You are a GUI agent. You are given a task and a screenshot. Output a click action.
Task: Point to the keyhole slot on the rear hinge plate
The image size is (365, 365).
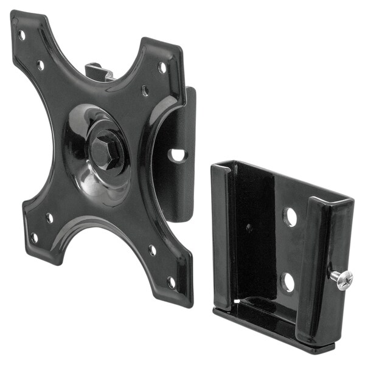click(x=177, y=155)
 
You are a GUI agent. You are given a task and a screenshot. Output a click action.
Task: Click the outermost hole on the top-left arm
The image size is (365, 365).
click(x=22, y=35)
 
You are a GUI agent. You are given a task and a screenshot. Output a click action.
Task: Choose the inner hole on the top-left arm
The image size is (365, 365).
click(x=40, y=64)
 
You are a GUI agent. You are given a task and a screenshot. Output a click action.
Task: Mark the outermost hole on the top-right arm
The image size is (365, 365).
click(x=162, y=68)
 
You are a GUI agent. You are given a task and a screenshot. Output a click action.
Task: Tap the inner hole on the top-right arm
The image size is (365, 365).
click(x=145, y=91)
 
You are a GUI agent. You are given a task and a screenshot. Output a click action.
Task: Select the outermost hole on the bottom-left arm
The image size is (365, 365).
click(x=34, y=237)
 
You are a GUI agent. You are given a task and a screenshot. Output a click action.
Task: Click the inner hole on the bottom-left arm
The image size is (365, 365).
click(x=49, y=217)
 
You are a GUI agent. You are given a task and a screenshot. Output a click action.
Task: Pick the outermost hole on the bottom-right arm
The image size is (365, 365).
click(x=172, y=282)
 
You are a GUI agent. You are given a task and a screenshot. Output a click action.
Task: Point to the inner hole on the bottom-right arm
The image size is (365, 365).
click(x=152, y=249)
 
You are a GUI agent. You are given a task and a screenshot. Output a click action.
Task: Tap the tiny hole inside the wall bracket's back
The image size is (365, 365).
click(x=248, y=227)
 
